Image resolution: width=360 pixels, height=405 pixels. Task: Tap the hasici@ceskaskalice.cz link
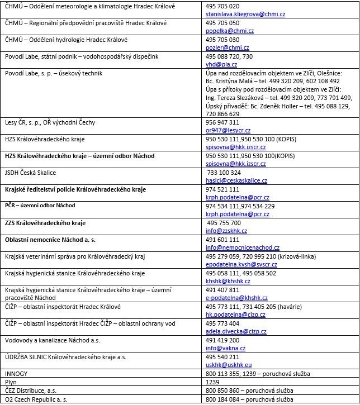tap(236, 181)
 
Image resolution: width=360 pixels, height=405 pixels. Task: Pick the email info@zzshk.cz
tap(226, 231)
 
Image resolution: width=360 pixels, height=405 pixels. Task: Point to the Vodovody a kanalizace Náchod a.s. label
tap(45, 340)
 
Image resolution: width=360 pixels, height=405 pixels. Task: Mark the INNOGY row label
tap(16, 373)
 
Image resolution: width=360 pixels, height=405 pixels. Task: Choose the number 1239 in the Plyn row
tap(212, 382)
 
